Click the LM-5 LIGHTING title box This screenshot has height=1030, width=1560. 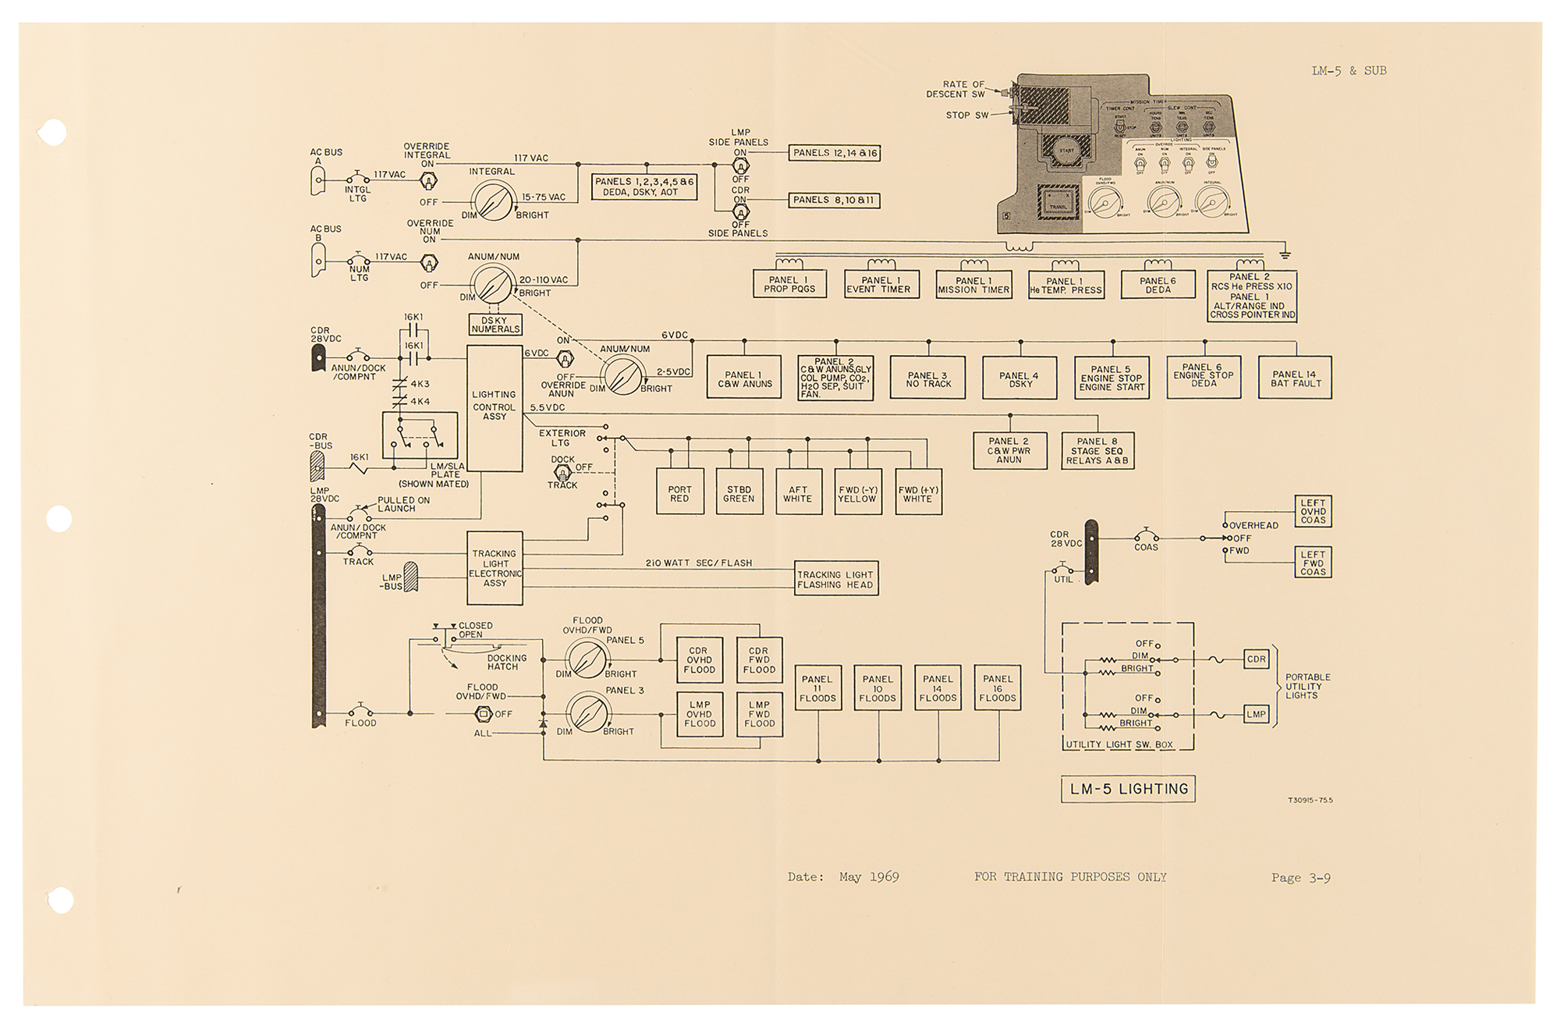click(x=1128, y=789)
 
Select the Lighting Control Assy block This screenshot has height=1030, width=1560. click(x=495, y=407)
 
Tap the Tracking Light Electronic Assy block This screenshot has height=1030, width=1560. click(x=495, y=568)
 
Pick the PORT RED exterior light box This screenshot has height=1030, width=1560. click(x=679, y=492)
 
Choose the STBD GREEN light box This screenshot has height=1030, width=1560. click(x=739, y=492)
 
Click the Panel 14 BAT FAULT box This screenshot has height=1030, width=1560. click(x=1295, y=378)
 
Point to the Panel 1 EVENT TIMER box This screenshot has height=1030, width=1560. click(x=881, y=285)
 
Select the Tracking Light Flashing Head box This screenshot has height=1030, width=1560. click(x=835, y=579)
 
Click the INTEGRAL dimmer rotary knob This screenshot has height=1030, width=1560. click(x=492, y=201)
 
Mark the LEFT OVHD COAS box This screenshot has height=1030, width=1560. click(x=1313, y=512)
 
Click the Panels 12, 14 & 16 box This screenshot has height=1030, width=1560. click(x=835, y=153)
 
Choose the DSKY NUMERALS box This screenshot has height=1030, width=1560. click(x=495, y=325)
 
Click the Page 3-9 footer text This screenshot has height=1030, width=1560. click(x=1300, y=878)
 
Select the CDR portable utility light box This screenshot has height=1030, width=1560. click(x=1256, y=659)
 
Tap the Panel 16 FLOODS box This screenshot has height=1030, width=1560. click(x=998, y=688)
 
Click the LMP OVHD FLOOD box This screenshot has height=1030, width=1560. click(x=699, y=714)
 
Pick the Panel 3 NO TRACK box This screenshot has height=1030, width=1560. click(x=928, y=378)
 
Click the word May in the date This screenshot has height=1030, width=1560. click(x=850, y=877)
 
